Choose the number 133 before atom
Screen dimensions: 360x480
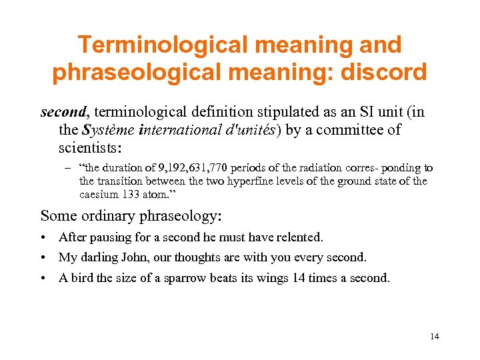click(131, 194)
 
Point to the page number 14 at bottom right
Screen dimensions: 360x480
click(435, 337)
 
